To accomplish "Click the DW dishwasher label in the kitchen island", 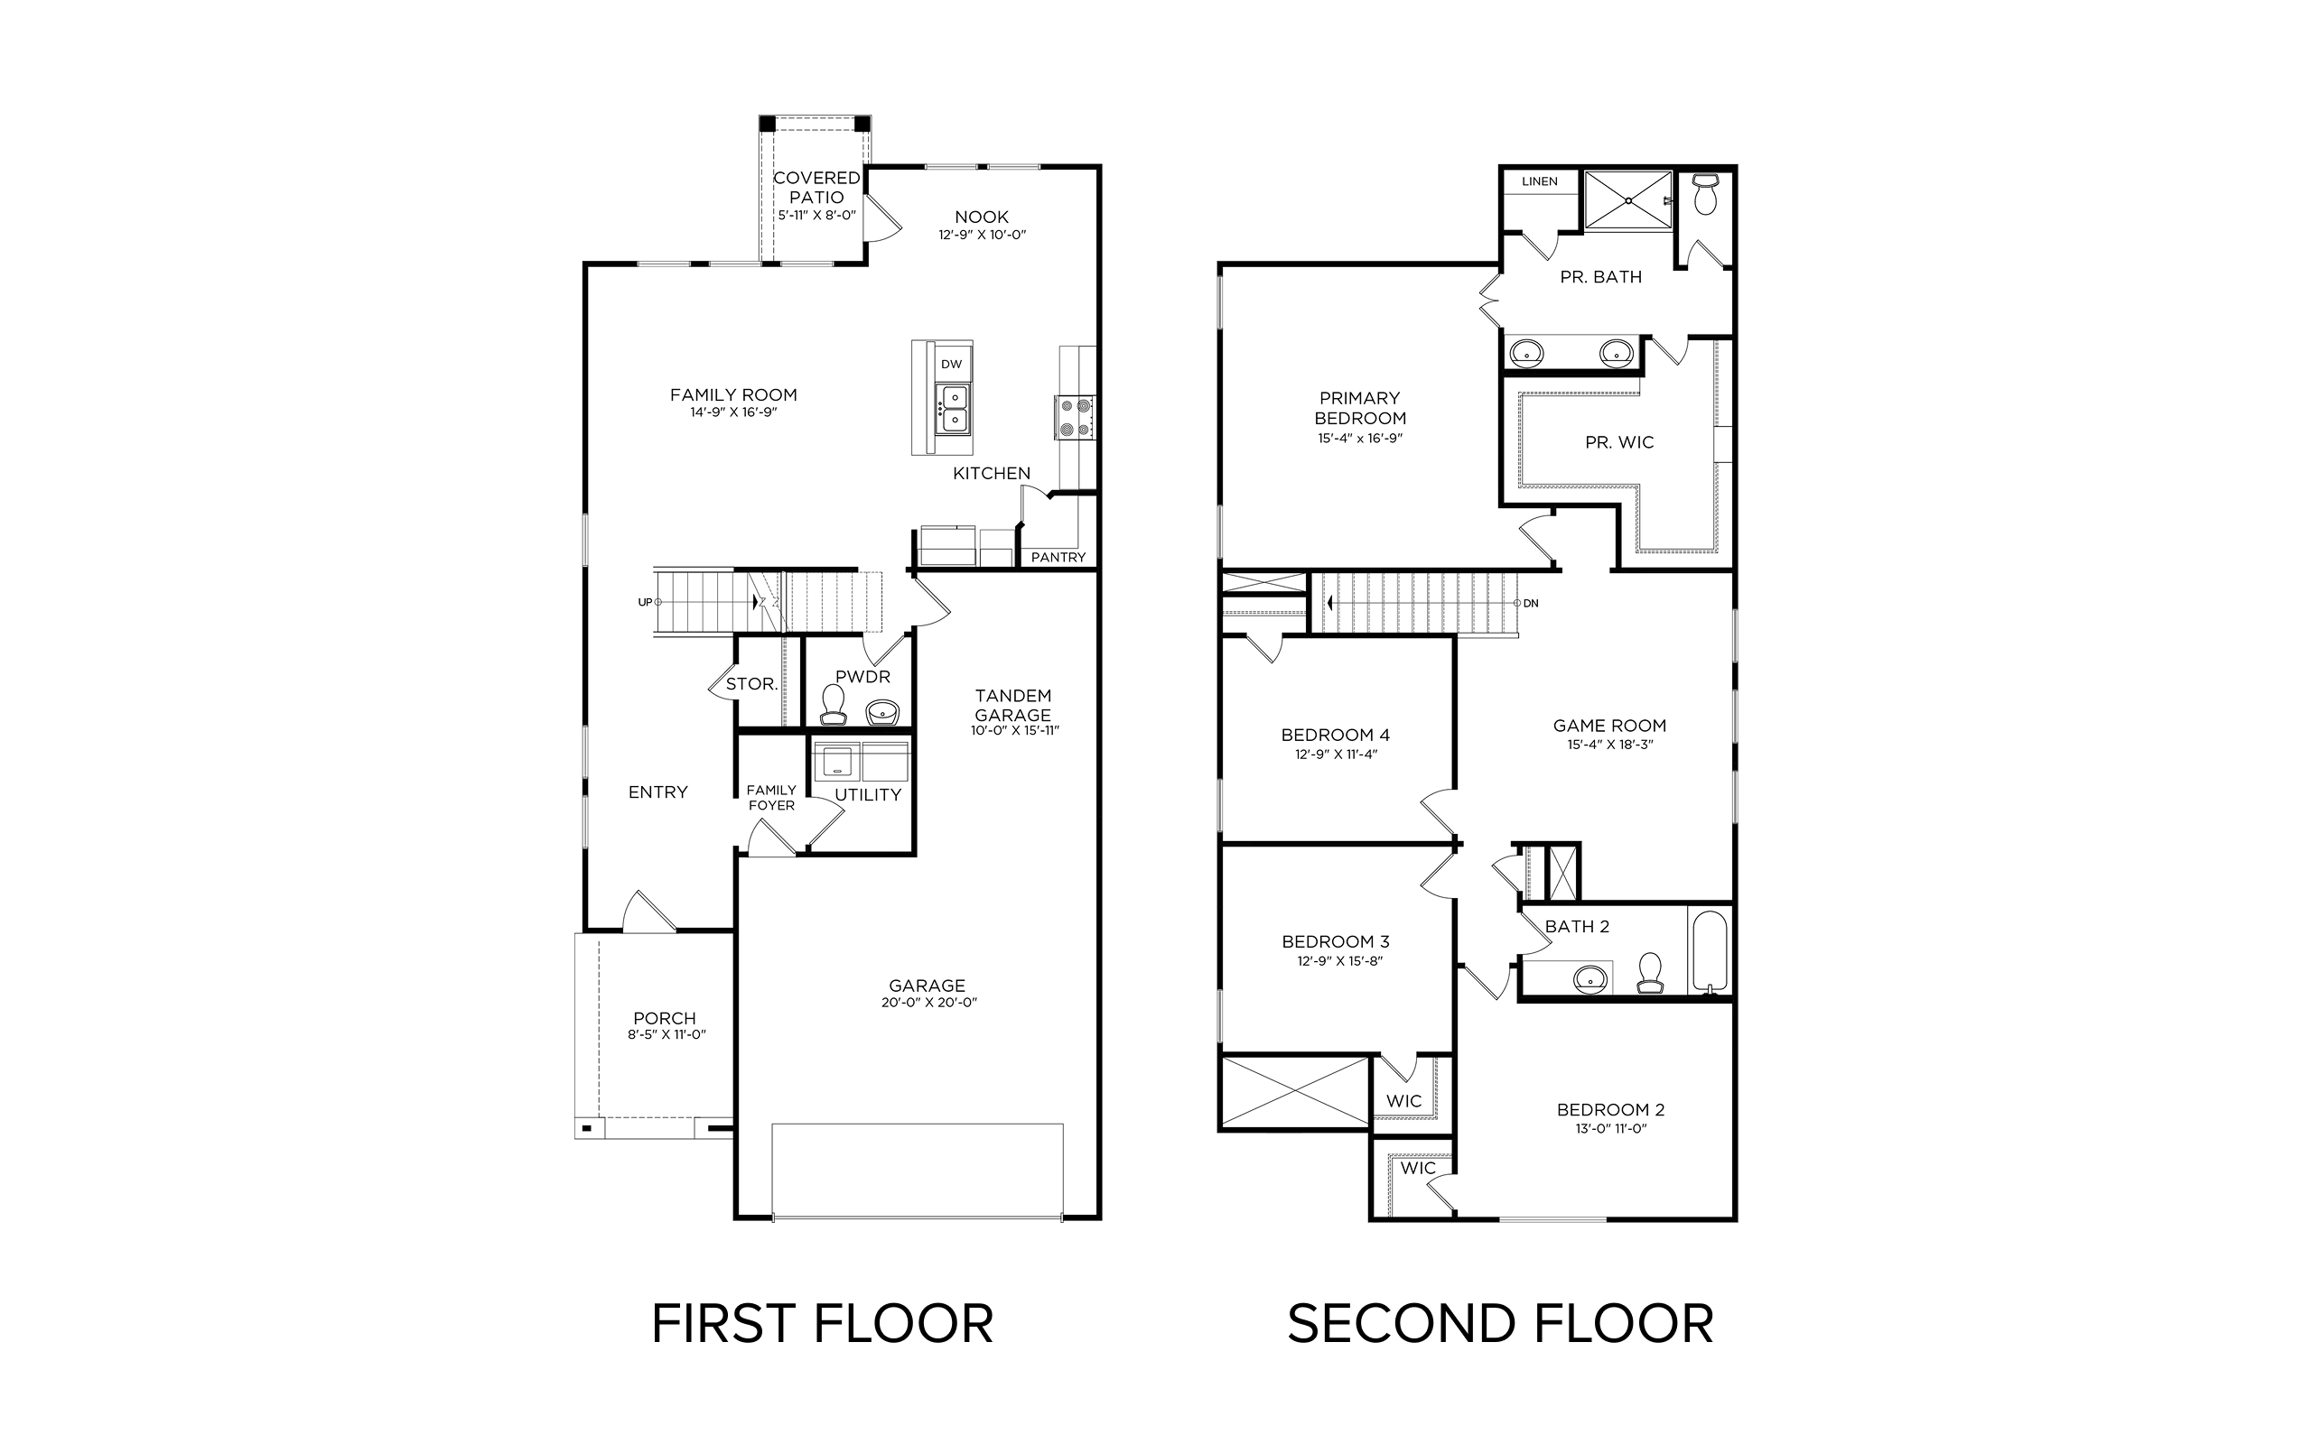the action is click(x=951, y=364).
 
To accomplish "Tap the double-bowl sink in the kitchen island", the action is click(x=954, y=409).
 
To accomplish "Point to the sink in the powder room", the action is click(x=882, y=712).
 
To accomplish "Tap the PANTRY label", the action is click(x=1058, y=558).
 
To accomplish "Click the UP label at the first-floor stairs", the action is click(x=645, y=603).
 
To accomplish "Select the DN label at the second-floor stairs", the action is click(x=1531, y=604).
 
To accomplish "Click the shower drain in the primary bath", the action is click(x=1628, y=200).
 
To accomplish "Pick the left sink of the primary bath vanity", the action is click(x=1526, y=352).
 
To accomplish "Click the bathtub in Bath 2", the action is click(x=1709, y=951).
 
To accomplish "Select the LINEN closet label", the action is click(x=1540, y=181).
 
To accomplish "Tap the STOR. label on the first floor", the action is click(x=750, y=684).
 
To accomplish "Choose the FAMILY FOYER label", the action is click(x=771, y=798).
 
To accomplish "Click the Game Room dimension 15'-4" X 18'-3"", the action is click(x=1609, y=745).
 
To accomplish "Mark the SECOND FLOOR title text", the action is click(x=1500, y=1324).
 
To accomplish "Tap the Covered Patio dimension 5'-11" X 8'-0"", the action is click(x=816, y=216).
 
